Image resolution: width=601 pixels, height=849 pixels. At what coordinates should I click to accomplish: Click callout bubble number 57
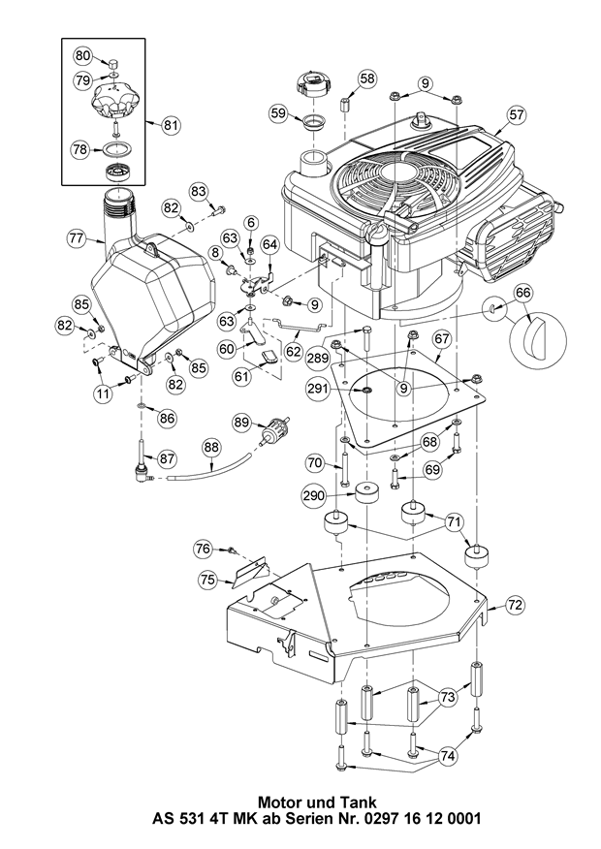[x=517, y=114]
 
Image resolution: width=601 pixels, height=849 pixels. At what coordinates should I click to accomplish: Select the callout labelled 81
[x=171, y=126]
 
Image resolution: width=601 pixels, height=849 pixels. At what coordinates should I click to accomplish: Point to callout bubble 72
[x=516, y=604]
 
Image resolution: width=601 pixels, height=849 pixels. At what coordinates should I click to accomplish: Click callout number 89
[x=243, y=423]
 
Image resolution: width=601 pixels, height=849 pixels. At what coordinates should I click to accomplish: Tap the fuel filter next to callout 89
[x=275, y=430]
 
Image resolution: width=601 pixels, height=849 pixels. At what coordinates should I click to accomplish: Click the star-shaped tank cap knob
[x=114, y=100]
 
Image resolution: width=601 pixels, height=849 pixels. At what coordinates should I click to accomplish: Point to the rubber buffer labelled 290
[x=366, y=492]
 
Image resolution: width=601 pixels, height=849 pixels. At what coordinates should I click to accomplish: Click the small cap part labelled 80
[x=113, y=61]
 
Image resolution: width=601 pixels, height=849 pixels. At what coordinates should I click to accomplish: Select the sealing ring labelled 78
[x=115, y=148]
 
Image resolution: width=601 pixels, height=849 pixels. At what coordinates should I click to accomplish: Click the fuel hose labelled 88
[x=209, y=468]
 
